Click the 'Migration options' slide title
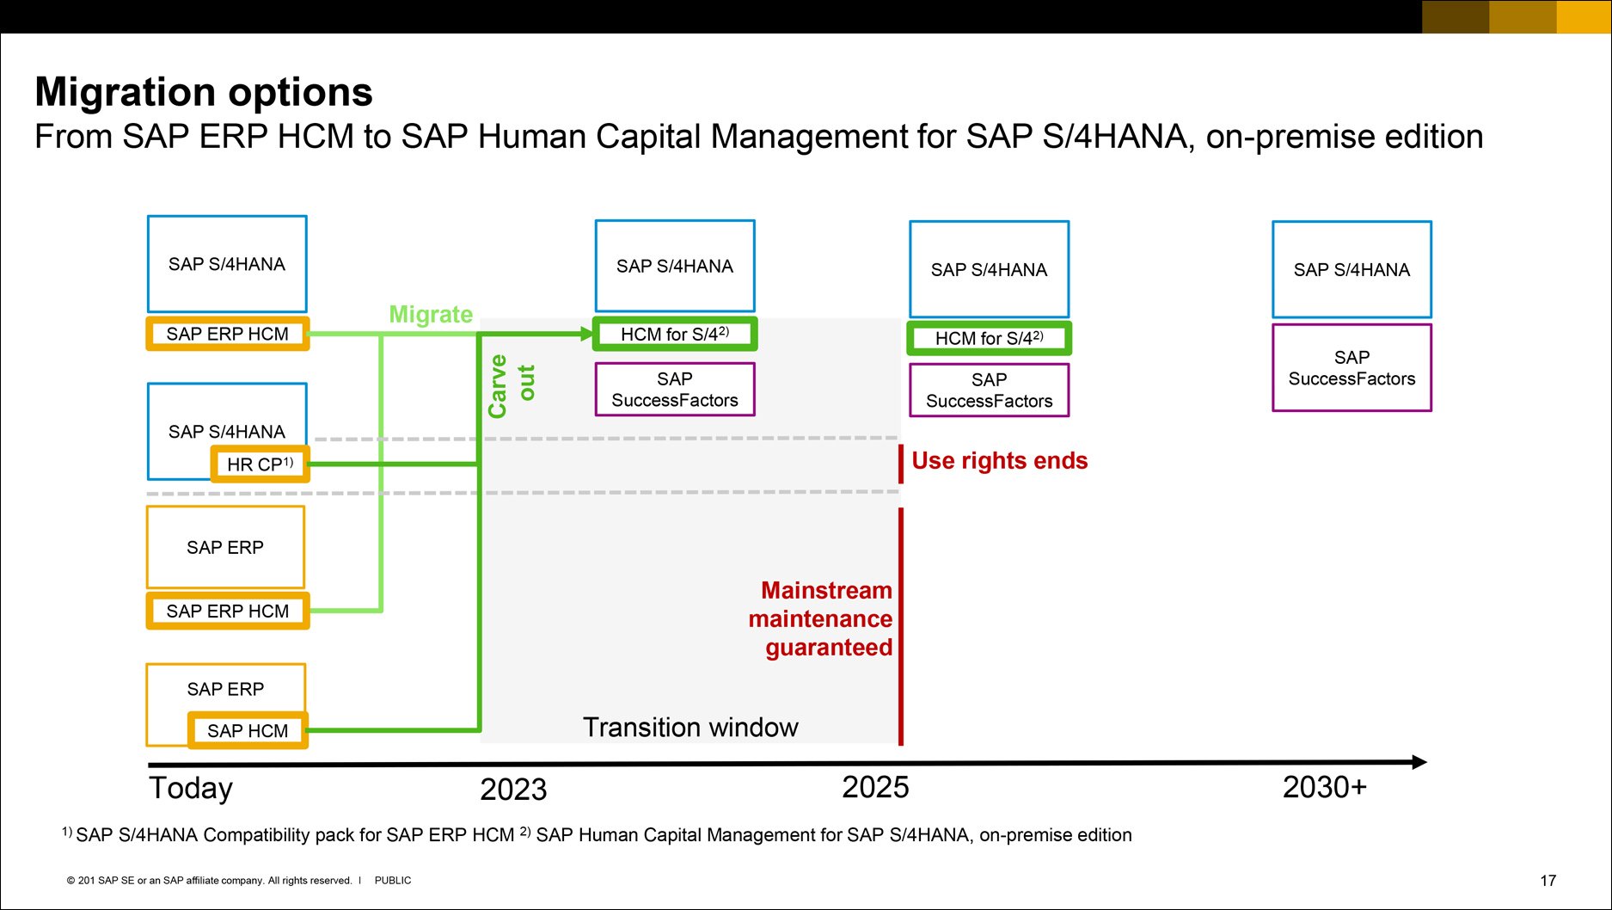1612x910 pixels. pos(204,92)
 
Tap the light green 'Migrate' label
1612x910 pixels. pos(431,314)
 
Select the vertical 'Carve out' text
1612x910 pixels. pos(511,386)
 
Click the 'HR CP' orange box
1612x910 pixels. pos(260,464)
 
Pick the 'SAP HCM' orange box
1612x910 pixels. pos(248,730)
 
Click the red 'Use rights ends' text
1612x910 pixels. pos(999,461)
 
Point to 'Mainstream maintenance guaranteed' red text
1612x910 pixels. pos(821,618)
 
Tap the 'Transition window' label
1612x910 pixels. pos(690,728)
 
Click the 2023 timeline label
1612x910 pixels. pos(513,789)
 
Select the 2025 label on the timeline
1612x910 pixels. pos(875,787)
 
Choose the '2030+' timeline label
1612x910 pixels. pos(1324,787)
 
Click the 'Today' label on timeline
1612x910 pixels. pos(191,788)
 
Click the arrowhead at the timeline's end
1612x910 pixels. pos(1419,762)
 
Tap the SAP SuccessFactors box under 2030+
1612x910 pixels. pos(1352,368)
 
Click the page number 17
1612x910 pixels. pos(1548,881)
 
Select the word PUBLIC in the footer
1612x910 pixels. pos(393,881)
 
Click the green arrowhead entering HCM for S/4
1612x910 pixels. pos(587,334)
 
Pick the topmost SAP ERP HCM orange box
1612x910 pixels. pos(228,334)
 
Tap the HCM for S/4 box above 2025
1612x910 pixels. pos(989,338)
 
